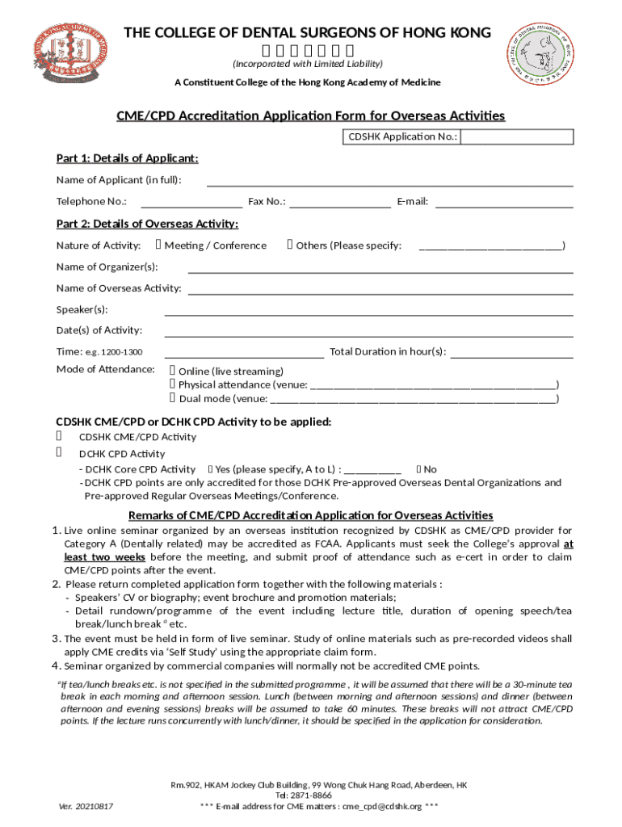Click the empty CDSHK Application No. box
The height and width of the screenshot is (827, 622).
(517, 136)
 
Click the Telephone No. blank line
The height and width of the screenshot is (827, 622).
(191, 202)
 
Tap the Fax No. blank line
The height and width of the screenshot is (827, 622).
(340, 202)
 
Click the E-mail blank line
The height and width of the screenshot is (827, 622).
(504, 202)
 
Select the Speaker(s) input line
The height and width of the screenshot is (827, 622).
(368, 310)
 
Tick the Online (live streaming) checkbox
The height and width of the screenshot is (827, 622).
(173, 371)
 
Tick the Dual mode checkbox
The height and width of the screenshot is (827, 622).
(173, 398)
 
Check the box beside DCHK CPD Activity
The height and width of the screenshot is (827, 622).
(60, 453)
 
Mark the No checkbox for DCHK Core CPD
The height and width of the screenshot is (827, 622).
(418, 469)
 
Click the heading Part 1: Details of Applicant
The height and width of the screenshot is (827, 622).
(127, 158)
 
